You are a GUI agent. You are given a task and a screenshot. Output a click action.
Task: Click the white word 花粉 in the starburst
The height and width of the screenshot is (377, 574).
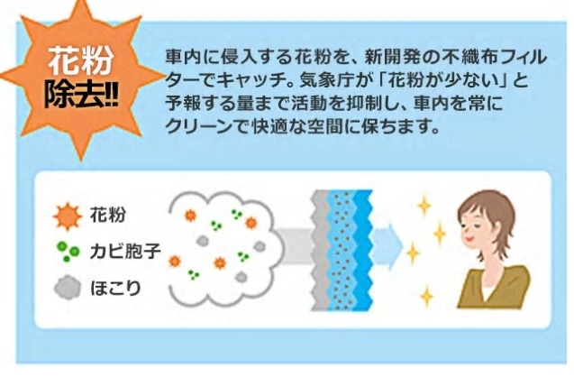80,60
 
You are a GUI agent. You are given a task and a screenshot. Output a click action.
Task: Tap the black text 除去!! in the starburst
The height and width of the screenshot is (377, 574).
81,96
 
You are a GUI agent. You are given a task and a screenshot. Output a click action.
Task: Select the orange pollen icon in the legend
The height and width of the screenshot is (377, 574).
68,216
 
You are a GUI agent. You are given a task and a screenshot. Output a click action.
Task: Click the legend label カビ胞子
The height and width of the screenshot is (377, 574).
125,252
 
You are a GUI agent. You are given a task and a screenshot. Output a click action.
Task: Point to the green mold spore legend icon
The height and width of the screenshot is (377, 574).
68,252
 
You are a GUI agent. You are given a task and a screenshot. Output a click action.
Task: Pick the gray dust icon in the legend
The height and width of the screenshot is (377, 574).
68,288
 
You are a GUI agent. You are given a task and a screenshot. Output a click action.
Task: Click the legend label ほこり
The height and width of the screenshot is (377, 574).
115,288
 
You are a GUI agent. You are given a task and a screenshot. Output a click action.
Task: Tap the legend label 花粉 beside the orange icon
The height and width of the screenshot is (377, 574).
108,215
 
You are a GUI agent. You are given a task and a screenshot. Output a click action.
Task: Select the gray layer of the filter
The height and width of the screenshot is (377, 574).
320,250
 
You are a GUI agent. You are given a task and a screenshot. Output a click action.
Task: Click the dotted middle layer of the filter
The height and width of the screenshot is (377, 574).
341,250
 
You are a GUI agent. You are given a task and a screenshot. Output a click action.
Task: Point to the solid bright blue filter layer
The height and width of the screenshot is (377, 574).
363,250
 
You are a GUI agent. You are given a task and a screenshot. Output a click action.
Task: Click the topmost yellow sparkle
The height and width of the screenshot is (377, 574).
424,206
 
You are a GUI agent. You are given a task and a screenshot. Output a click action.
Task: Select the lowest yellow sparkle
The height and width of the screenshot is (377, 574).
426,296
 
